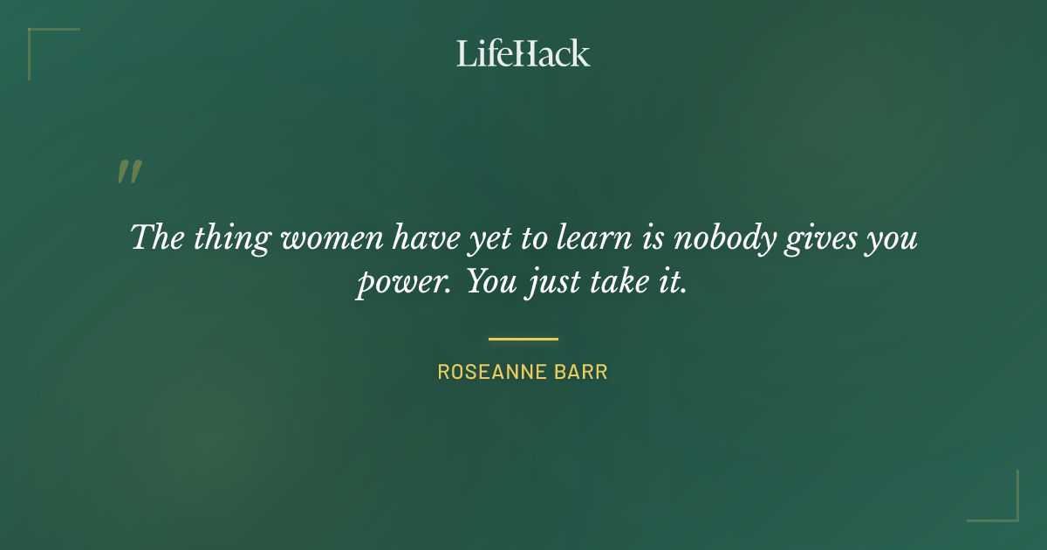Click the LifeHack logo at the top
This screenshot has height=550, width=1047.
pyautogui.click(x=523, y=53)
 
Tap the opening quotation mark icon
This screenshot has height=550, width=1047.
pyautogui.click(x=128, y=171)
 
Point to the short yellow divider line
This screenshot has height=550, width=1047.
pyautogui.click(x=523, y=339)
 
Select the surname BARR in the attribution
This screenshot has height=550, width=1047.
pyautogui.click(x=583, y=372)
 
